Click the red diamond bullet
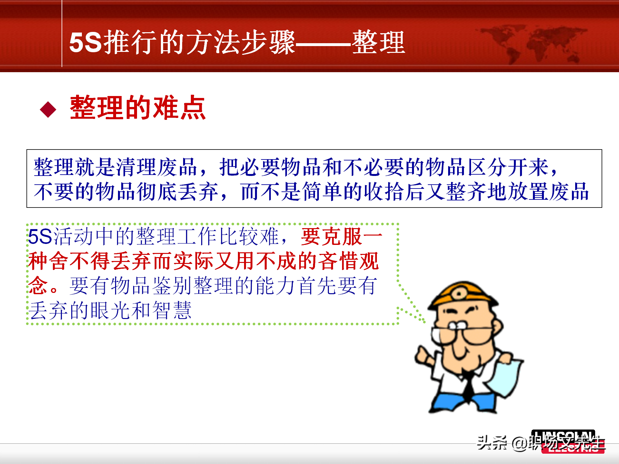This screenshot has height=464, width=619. [48, 110]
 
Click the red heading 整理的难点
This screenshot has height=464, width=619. [138, 108]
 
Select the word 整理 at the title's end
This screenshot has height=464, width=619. [378, 43]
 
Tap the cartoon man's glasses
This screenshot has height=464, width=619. [464, 333]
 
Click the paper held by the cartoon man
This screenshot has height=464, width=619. [505, 377]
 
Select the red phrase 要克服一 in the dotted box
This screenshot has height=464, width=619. [341, 237]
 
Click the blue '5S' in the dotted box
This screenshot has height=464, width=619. [40, 237]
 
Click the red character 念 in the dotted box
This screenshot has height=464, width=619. [38, 285]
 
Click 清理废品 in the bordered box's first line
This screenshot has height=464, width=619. [156, 167]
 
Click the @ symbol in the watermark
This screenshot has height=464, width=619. [519, 444]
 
